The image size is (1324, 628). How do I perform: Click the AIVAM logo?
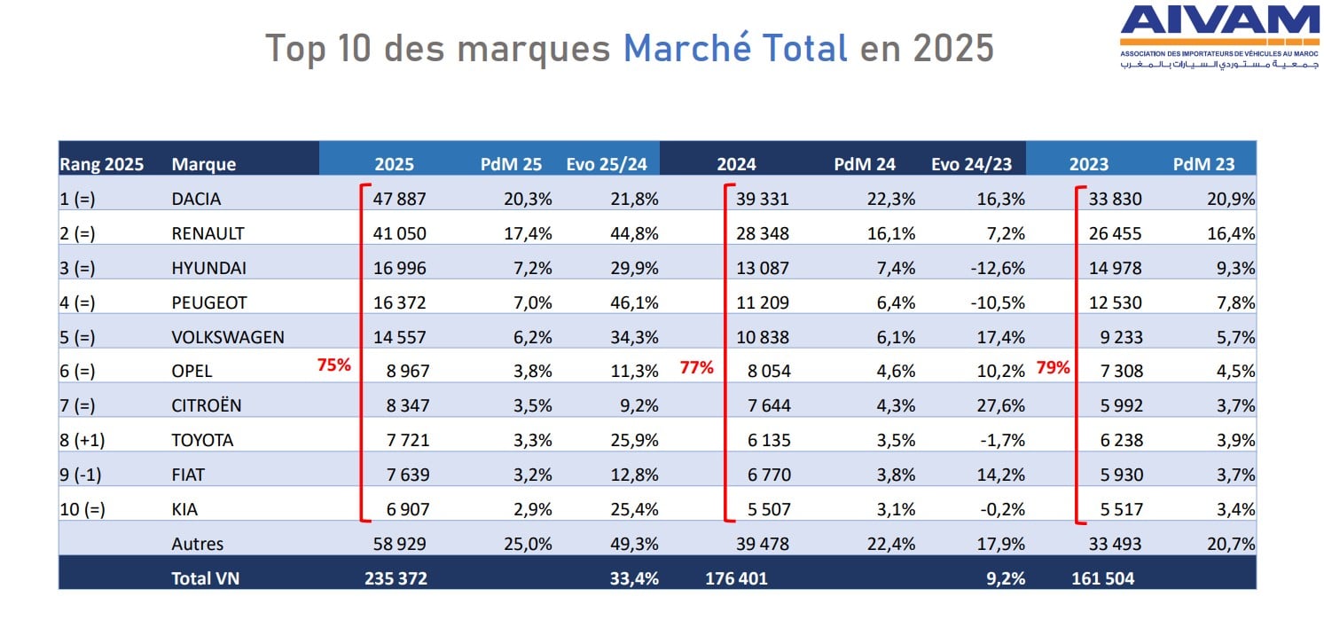click(1219, 37)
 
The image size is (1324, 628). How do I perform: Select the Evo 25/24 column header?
click(607, 164)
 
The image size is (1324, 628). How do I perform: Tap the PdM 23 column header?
click(1203, 164)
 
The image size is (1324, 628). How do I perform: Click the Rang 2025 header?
click(102, 164)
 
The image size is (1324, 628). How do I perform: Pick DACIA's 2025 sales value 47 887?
click(399, 199)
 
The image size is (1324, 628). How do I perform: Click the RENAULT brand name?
click(208, 233)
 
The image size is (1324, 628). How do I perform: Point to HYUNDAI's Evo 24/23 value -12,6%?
click(997, 268)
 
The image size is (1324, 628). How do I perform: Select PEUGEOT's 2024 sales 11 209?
click(762, 302)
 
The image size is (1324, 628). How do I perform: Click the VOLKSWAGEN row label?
click(228, 337)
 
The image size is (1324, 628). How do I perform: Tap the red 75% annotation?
click(334, 365)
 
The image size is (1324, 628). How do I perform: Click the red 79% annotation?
click(1053, 367)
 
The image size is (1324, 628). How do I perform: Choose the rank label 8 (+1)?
click(82, 441)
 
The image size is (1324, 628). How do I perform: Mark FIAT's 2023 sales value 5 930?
click(1121, 475)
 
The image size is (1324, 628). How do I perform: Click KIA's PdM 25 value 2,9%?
click(533, 509)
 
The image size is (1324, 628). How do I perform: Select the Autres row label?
click(198, 544)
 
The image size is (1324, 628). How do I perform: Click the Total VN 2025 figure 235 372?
click(396, 578)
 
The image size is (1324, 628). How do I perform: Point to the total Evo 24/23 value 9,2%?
click(1006, 578)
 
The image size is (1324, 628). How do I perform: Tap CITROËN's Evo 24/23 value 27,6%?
click(1000, 405)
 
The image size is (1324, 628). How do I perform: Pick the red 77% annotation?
click(696, 367)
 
